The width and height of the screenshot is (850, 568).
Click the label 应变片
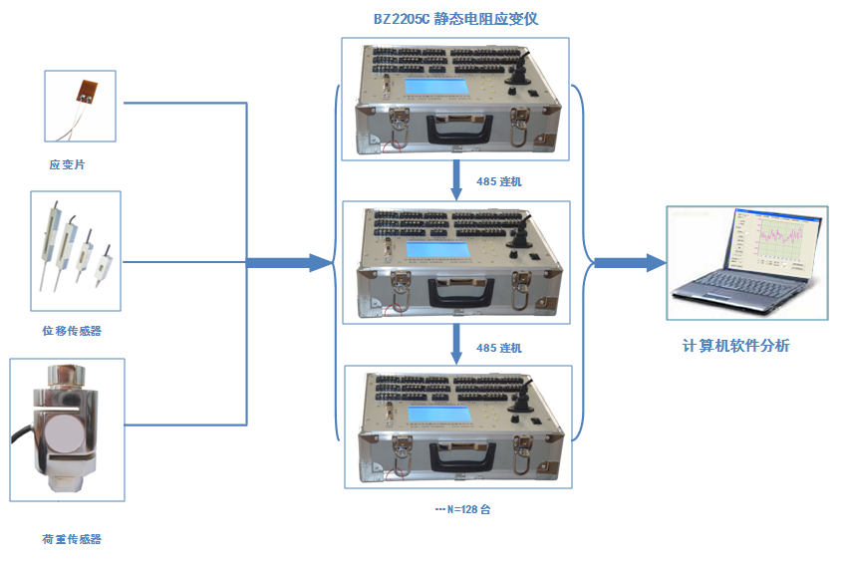[x=67, y=164]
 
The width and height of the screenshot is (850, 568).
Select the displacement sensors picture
[x=75, y=250]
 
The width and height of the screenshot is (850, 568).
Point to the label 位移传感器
[x=71, y=330]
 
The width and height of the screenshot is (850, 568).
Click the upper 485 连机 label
[x=498, y=181]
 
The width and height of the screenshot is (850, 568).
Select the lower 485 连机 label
[x=498, y=348]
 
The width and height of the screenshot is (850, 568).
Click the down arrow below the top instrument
[x=456, y=180]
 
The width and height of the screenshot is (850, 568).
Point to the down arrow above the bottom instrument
[x=456, y=345]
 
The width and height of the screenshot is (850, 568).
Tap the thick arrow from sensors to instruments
[x=289, y=263]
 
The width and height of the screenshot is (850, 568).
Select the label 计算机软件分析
[x=735, y=346]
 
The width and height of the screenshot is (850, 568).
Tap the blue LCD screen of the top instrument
[x=438, y=88]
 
